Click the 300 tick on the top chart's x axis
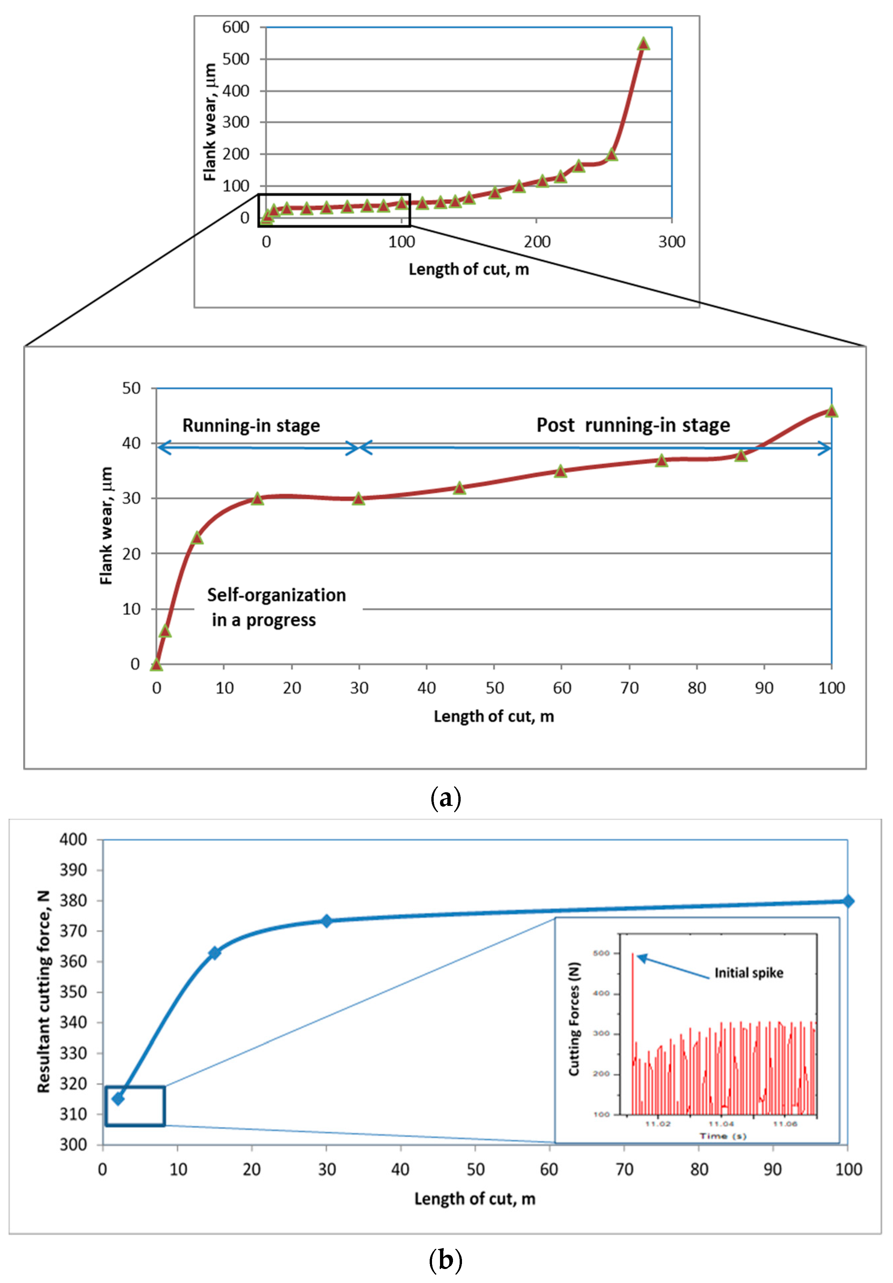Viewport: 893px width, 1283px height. [671, 242]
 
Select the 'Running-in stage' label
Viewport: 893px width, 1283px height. [251, 425]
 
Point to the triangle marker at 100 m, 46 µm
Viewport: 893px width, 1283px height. [831, 411]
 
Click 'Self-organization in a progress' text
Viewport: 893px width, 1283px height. [276, 607]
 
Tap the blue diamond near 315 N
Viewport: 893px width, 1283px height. [118, 1099]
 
